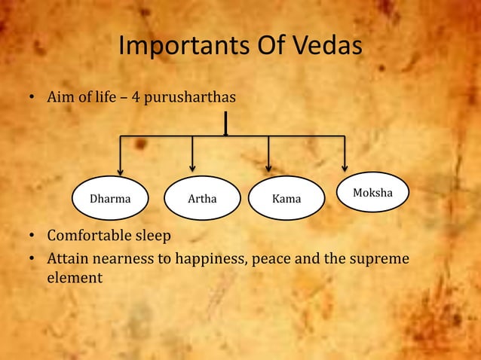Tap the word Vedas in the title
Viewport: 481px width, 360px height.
click(x=322, y=47)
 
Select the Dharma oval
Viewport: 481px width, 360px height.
click(x=109, y=200)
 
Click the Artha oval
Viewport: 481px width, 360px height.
click(x=202, y=200)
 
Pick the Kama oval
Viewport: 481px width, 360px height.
click(x=286, y=200)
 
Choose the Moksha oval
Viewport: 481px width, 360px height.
click(x=372, y=194)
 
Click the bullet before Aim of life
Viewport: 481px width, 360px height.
click(x=32, y=99)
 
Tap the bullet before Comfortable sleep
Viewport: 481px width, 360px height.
click(x=32, y=236)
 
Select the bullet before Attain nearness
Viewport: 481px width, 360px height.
click(x=32, y=259)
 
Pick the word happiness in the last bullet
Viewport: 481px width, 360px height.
click(x=209, y=259)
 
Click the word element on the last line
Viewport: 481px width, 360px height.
click(x=75, y=278)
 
